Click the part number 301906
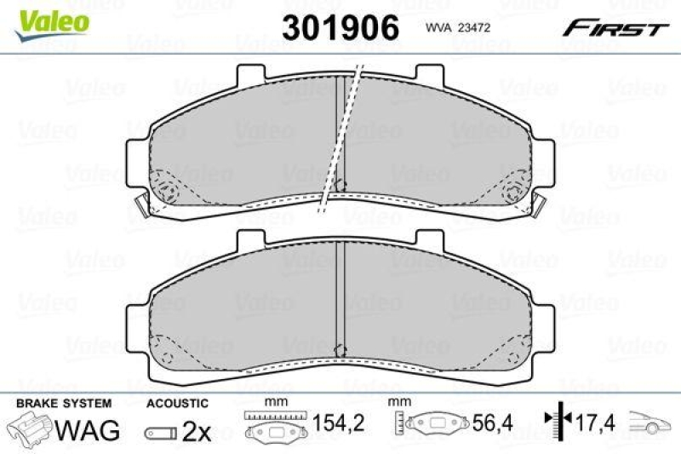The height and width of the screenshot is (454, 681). (340, 27)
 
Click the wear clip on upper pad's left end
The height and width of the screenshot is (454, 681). (143, 204)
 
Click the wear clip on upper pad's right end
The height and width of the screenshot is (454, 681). (540, 204)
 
